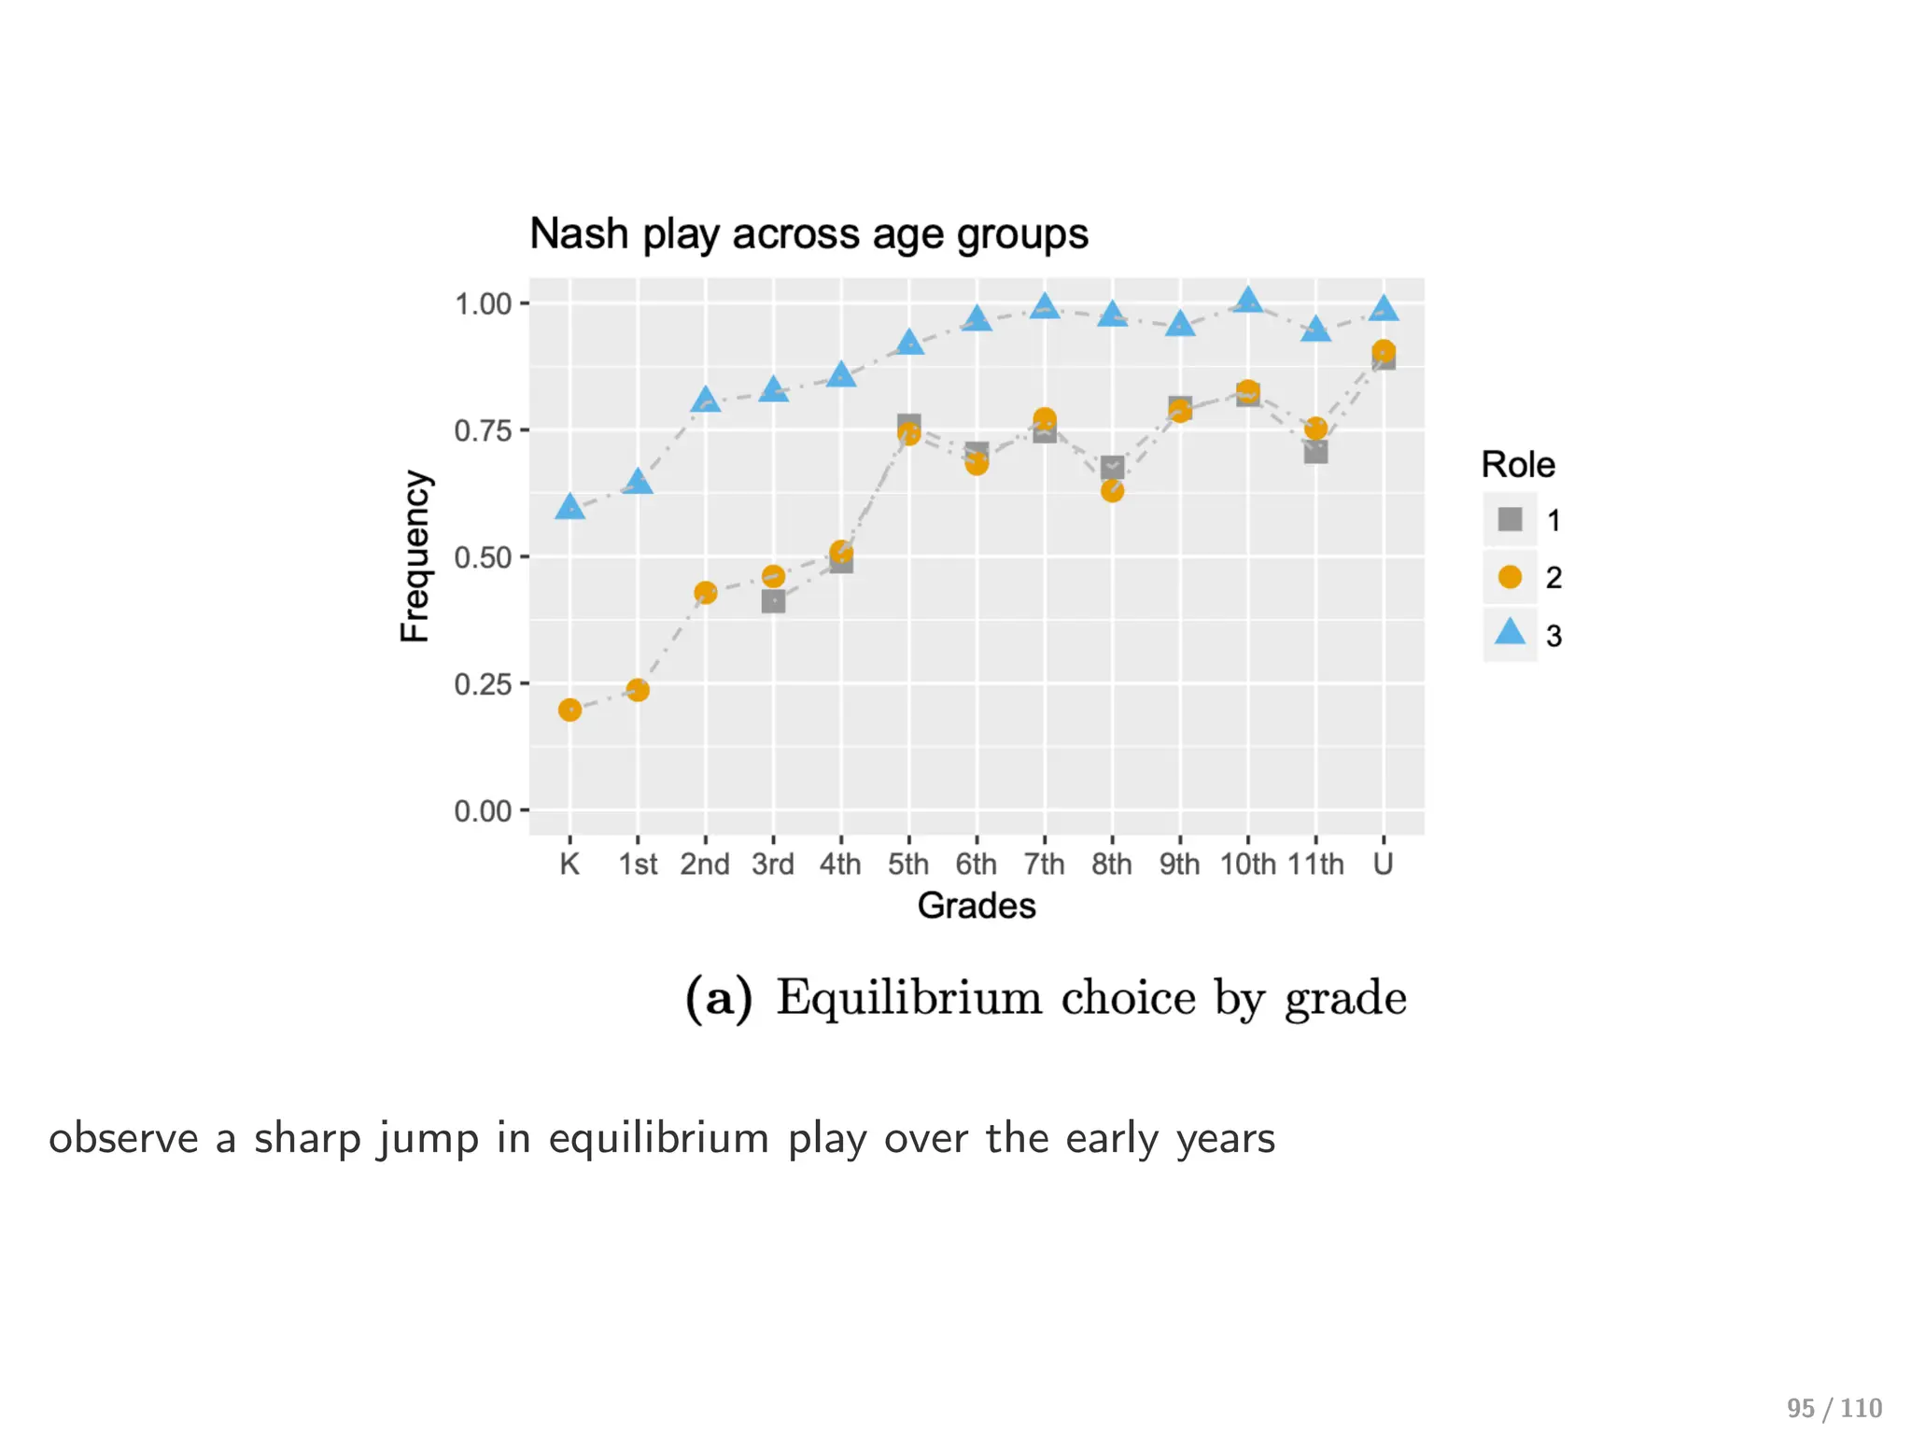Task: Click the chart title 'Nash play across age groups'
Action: [x=808, y=233]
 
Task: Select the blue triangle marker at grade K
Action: [x=569, y=508]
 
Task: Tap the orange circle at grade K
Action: [x=569, y=710]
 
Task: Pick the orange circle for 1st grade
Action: [x=638, y=691]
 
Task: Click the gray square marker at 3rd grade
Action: [x=773, y=602]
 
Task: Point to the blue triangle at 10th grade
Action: [x=1248, y=302]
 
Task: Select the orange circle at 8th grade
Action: [x=1112, y=491]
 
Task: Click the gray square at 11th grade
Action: [x=1315, y=453]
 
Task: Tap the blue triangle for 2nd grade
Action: [x=706, y=401]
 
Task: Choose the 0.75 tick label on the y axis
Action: [x=483, y=431]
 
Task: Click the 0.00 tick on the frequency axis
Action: [x=483, y=811]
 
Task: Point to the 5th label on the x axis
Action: [x=908, y=865]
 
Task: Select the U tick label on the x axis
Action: [x=1383, y=865]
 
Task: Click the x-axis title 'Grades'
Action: [x=977, y=907]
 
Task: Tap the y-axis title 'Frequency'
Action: [x=415, y=556]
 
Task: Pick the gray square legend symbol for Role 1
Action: [x=1510, y=520]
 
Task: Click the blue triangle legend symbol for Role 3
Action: [x=1510, y=633]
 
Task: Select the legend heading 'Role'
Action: [x=1518, y=465]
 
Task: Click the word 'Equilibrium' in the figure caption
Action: [x=908, y=998]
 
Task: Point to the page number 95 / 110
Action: [x=1835, y=1408]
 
